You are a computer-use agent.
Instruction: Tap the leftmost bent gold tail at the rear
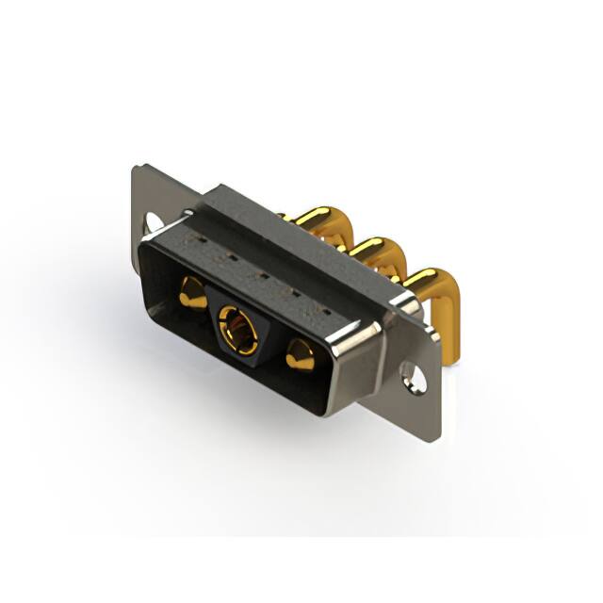[x=326, y=222]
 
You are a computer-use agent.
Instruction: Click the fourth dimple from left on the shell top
[x=294, y=291]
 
